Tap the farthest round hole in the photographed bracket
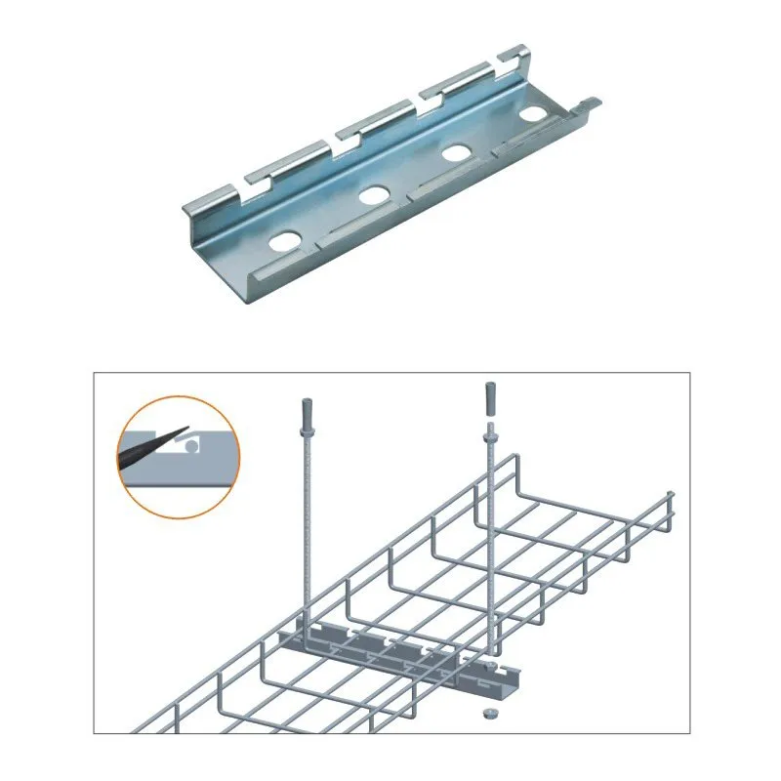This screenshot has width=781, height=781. pyautogui.click(x=533, y=113)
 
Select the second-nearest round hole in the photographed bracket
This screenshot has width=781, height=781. pyautogui.click(x=373, y=195)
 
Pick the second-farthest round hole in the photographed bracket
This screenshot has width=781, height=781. pyautogui.click(x=455, y=152)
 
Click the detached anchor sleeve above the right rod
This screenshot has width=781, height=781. pyautogui.click(x=488, y=398)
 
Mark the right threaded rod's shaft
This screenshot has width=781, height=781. pyautogui.click(x=492, y=547)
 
